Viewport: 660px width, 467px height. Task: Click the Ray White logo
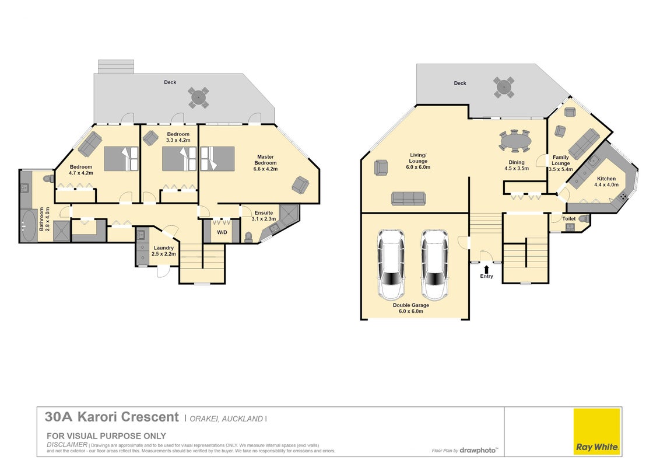[x=597, y=431]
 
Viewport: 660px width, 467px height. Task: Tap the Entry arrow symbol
[x=487, y=269]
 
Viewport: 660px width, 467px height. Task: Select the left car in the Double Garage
[x=391, y=264]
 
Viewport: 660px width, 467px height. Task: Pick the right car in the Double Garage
[x=435, y=264]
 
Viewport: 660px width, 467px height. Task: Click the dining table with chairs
[x=515, y=140]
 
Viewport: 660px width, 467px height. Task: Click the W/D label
[x=222, y=233]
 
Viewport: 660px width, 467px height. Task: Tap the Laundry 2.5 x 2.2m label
[x=164, y=251]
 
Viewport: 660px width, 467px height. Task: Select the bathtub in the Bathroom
[x=29, y=225]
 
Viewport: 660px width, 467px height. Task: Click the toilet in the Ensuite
[x=248, y=237]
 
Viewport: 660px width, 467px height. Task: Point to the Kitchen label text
[x=606, y=179]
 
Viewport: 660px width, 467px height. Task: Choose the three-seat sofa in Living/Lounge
[x=408, y=198]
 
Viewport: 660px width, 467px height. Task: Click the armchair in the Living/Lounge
[x=381, y=168]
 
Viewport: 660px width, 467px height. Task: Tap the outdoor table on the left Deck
[x=198, y=97]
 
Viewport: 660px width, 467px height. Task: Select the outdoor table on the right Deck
[x=504, y=87]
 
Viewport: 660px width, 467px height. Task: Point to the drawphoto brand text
[x=478, y=451]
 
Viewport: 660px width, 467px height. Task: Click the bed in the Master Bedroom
[x=217, y=158]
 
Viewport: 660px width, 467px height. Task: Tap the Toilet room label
[x=568, y=219]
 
